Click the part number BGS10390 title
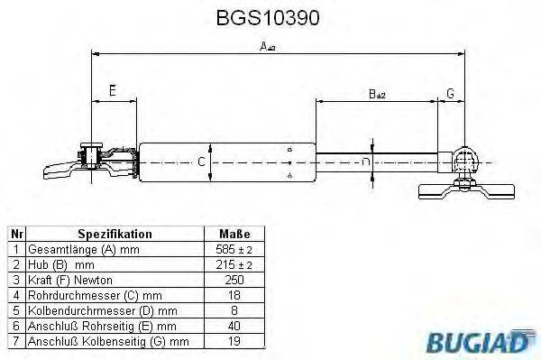(270, 17)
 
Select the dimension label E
(112, 90)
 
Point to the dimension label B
(376, 92)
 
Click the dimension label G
(450, 92)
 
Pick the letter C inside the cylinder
(202, 162)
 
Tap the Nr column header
(14, 234)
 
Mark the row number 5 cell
(14, 309)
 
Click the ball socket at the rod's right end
(465, 161)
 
